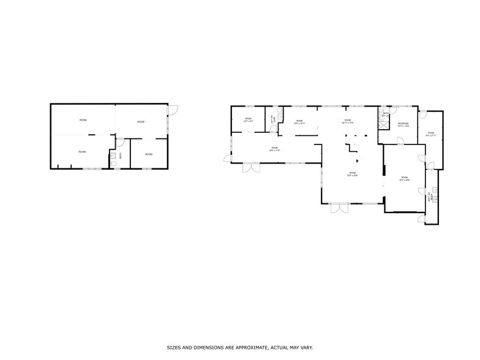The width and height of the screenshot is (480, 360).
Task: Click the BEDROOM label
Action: (x=403, y=125)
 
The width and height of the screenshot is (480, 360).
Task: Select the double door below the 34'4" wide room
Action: (x=251, y=168)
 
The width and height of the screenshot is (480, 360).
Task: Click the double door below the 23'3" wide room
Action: (x=339, y=208)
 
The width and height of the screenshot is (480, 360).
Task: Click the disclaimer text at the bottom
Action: (x=240, y=347)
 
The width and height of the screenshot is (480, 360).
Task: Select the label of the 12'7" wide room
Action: (x=249, y=120)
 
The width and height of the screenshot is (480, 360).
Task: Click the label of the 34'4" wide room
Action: (x=274, y=149)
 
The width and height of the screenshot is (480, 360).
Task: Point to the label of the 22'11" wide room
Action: (x=347, y=121)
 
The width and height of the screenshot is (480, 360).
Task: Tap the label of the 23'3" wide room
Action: (x=352, y=174)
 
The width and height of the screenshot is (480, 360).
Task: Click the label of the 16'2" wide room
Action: (x=404, y=178)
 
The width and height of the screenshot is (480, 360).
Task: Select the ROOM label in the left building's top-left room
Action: (x=83, y=120)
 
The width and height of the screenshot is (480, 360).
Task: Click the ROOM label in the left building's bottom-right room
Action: (x=149, y=154)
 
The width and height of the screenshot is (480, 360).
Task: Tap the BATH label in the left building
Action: (x=121, y=156)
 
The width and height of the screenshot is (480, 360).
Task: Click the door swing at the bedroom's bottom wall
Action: (x=399, y=141)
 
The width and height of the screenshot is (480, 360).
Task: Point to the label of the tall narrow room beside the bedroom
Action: (x=431, y=134)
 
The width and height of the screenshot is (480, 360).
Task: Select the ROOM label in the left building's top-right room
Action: (x=141, y=122)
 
